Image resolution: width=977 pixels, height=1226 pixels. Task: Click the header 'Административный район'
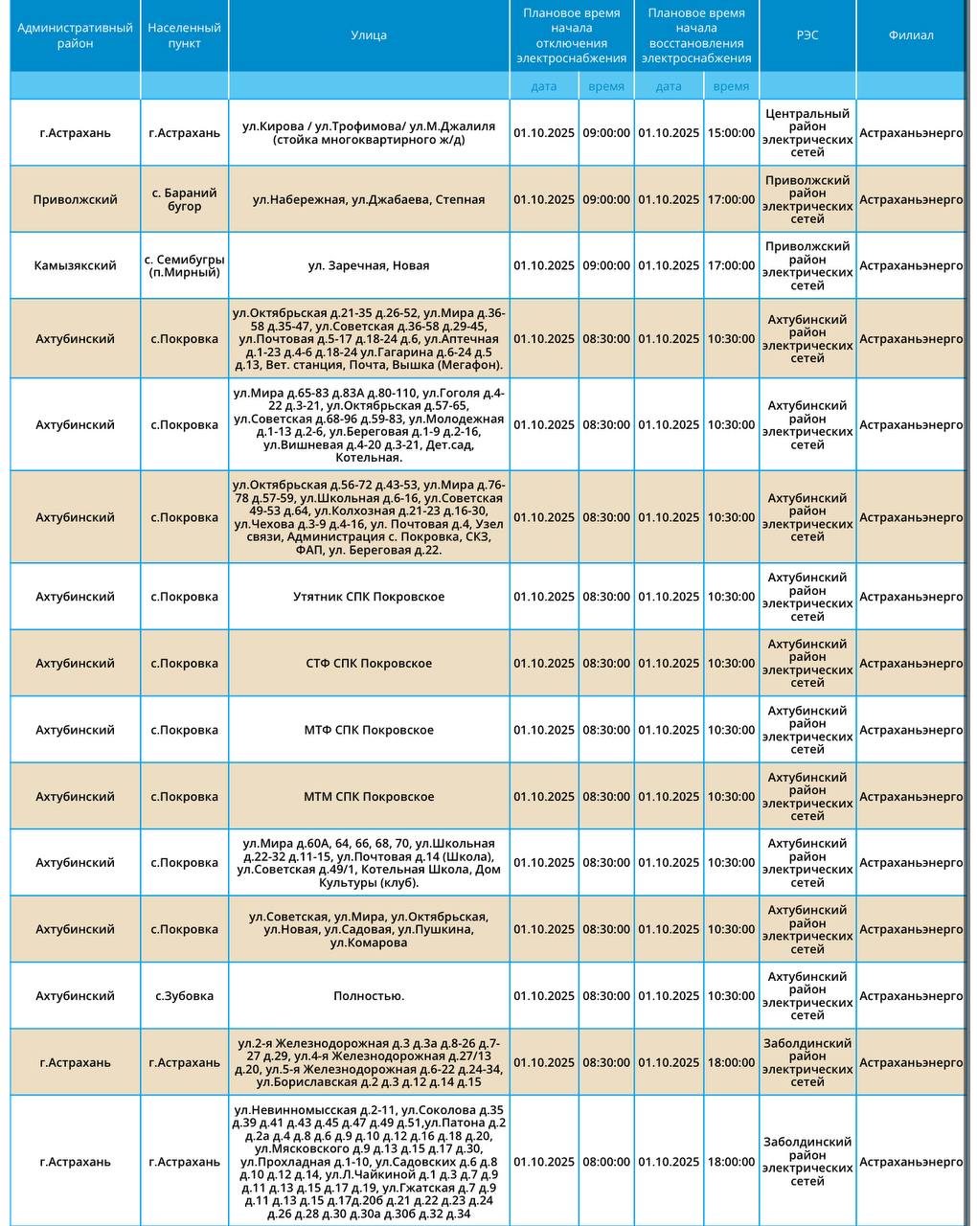[75, 35]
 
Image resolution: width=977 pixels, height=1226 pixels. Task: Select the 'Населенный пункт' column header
[184, 35]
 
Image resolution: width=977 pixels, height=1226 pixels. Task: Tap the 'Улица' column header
[369, 35]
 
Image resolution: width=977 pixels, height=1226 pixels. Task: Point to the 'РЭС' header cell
[807, 35]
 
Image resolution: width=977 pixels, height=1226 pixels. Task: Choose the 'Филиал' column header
[910, 35]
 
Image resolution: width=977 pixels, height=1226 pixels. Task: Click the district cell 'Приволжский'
[75, 199]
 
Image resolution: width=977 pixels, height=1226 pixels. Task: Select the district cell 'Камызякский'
[75, 265]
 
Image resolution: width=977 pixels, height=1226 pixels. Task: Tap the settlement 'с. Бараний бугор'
[184, 199]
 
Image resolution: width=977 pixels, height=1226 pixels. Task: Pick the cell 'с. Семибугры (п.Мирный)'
[184, 265]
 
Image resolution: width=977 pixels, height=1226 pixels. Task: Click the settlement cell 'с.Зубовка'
[184, 995]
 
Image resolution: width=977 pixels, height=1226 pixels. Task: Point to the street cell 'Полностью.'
[369, 995]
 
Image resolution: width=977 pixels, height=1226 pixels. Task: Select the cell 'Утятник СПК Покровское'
[369, 596]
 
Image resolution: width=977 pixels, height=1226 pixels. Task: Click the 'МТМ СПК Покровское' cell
[369, 796]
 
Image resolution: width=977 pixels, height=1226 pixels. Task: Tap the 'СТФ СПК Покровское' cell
[369, 663]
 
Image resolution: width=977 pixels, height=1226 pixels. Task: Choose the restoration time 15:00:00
[731, 133]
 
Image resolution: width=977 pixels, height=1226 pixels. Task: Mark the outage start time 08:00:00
[606, 1162]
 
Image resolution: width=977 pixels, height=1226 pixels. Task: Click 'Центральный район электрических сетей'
[807, 133]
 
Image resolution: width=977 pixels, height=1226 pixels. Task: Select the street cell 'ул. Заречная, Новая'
[369, 265]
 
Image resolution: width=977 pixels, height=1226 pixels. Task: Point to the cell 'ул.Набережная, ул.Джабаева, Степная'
[369, 199]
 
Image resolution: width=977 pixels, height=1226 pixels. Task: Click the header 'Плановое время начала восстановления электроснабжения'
[696, 35]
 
